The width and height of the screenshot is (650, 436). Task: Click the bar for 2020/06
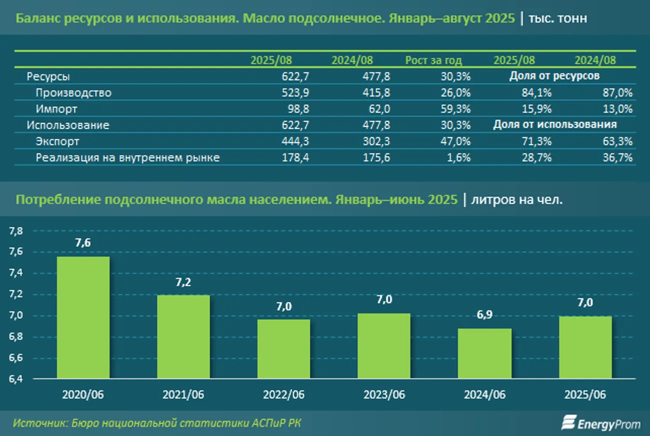(x=83, y=317)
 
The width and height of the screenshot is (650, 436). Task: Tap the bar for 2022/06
(x=284, y=348)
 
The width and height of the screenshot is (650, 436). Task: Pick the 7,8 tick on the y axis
(x=16, y=231)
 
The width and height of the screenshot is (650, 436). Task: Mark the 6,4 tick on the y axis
(x=16, y=378)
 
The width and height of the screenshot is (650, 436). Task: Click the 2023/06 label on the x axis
(x=384, y=394)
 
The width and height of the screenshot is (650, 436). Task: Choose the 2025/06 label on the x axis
(x=585, y=394)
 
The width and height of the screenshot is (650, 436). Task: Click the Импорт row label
(x=56, y=109)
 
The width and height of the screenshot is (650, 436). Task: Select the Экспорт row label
(x=57, y=141)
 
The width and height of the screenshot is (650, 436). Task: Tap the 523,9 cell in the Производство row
(x=278, y=93)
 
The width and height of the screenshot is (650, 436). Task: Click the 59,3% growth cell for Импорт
(x=457, y=109)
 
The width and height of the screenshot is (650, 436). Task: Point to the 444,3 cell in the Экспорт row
(x=278, y=141)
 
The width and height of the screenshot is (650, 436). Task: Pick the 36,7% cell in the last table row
(x=619, y=158)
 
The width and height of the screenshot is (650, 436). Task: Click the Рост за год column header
(x=433, y=60)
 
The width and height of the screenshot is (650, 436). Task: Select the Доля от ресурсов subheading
(x=554, y=76)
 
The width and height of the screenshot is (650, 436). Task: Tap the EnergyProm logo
(x=601, y=423)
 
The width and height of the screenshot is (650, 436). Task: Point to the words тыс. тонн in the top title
(x=558, y=18)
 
